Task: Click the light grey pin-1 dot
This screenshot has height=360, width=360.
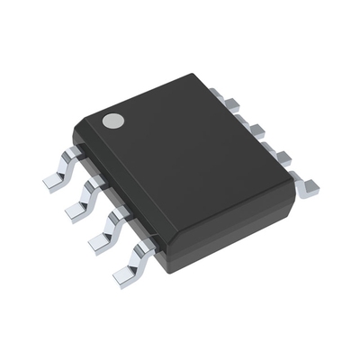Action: pyautogui.click(x=112, y=121)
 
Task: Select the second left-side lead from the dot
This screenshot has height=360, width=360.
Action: pyautogui.click(x=86, y=196)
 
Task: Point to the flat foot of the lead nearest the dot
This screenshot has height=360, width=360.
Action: pyautogui.click(x=52, y=180)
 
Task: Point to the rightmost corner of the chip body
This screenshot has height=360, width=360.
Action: pyautogui.click(x=293, y=176)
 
